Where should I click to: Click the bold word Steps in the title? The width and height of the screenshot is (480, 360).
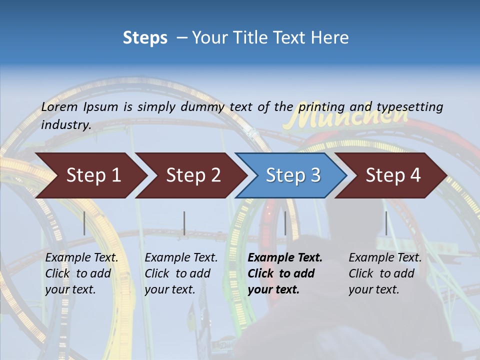[145, 38]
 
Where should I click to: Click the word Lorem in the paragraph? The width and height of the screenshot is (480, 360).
[59, 106]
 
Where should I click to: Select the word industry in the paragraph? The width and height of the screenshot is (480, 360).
[65, 124]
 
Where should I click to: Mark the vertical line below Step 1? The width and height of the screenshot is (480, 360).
[84, 223]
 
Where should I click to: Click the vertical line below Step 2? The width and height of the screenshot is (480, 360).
[184, 223]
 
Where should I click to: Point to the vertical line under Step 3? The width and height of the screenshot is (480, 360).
[285, 223]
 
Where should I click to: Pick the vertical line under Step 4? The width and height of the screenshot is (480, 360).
[386, 223]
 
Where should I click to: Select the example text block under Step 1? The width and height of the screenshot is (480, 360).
[81, 273]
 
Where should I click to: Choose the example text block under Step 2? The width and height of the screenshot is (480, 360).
[181, 273]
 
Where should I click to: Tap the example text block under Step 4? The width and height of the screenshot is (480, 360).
[385, 273]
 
